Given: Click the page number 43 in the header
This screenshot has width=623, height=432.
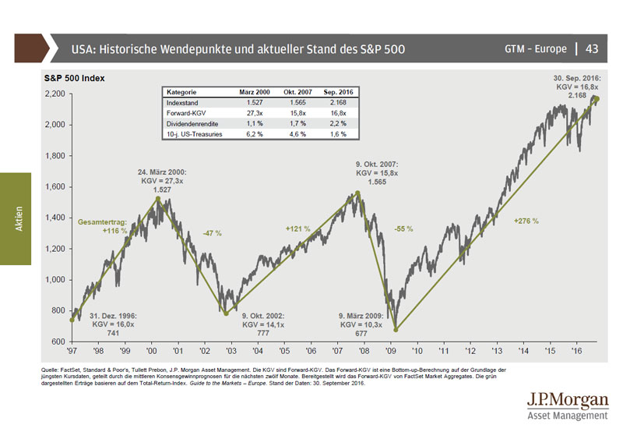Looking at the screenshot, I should (x=591, y=49).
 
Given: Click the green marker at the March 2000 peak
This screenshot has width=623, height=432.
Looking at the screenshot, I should (x=158, y=198).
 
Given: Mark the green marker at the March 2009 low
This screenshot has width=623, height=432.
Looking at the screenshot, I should (x=396, y=330).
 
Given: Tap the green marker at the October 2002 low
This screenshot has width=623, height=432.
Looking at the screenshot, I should (x=226, y=314).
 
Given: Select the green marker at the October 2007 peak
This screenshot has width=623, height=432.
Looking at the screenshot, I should (x=357, y=193).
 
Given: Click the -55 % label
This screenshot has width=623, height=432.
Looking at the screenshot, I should (x=403, y=229).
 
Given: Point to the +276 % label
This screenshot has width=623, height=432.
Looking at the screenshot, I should (x=526, y=221).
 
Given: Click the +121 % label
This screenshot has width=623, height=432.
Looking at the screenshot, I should (x=298, y=229).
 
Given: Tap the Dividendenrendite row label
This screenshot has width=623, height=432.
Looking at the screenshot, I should (x=192, y=124).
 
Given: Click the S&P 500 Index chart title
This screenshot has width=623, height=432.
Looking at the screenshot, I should (x=74, y=79).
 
